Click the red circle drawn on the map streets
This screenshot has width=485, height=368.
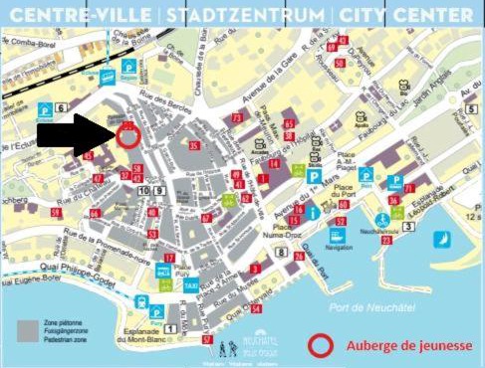[x=127, y=137]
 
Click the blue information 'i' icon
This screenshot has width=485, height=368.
[x=313, y=212]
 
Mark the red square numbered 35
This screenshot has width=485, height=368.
[x=194, y=146]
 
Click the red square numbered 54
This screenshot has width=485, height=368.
[x=256, y=308]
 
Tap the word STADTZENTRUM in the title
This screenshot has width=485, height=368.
[x=245, y=16]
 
